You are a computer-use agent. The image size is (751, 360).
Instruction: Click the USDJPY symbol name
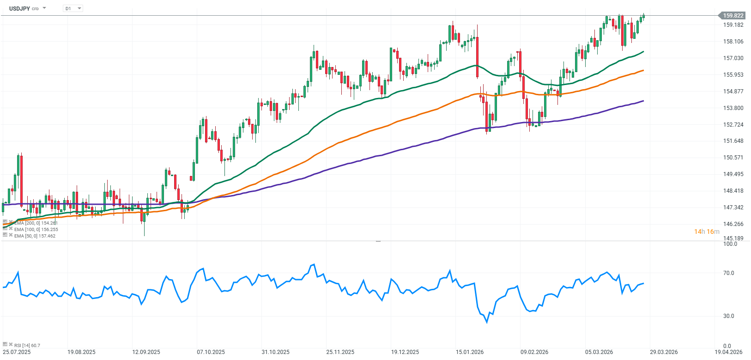coord(19,8)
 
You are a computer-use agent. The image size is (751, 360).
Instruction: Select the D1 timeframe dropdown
coord(73,8)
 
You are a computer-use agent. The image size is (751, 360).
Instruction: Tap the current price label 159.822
coord(733,16)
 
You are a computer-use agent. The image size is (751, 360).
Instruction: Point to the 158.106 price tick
coord(733,42)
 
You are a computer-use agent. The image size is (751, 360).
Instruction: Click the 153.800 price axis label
coord(733,108)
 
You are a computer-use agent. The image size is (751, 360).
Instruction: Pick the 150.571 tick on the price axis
coord(733,158)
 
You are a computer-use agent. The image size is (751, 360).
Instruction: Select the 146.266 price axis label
coord(733,224)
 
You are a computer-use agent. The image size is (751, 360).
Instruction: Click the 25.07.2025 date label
coord(17,352)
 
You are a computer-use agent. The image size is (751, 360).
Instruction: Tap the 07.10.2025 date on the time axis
coord(211,352)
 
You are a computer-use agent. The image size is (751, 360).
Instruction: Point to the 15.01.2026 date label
coord(470,352)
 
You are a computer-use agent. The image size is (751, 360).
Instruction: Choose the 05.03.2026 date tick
coord(599,352)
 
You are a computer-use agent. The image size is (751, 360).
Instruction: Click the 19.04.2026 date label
coord(728,352)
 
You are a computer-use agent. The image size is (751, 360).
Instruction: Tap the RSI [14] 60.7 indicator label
coord(27,345)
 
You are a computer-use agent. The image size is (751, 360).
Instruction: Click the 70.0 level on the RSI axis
coord(728,273)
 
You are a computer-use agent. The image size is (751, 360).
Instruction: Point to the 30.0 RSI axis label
coord(728,316)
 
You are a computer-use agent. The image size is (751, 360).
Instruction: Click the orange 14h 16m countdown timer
coord(707,232)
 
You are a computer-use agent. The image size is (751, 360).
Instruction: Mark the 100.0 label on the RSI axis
coord(730,244)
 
